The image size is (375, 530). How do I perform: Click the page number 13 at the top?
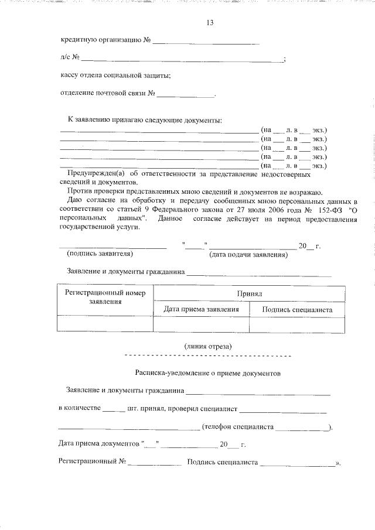pyautogui.click(x=210, y=23)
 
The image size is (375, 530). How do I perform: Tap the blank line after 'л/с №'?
pyautogui.click(x=182, y=60)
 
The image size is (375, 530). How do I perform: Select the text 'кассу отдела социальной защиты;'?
pyautogui.click(x=115, y=76)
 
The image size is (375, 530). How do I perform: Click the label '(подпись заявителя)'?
pyautogui.click(x=100, y=254)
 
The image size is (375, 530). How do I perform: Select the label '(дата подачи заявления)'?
pyautogui.click(x=248, y=255)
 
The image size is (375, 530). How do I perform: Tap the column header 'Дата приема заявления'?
pyautogui.click(x=201, y=309)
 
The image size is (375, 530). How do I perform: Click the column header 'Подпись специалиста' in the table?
pyautogui.click(x=297, y=309)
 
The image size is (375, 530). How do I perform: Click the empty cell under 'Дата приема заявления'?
pyautogui.click(x=201, y=324)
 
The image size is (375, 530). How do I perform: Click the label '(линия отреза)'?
pyautogui.click(x=208, y=346)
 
